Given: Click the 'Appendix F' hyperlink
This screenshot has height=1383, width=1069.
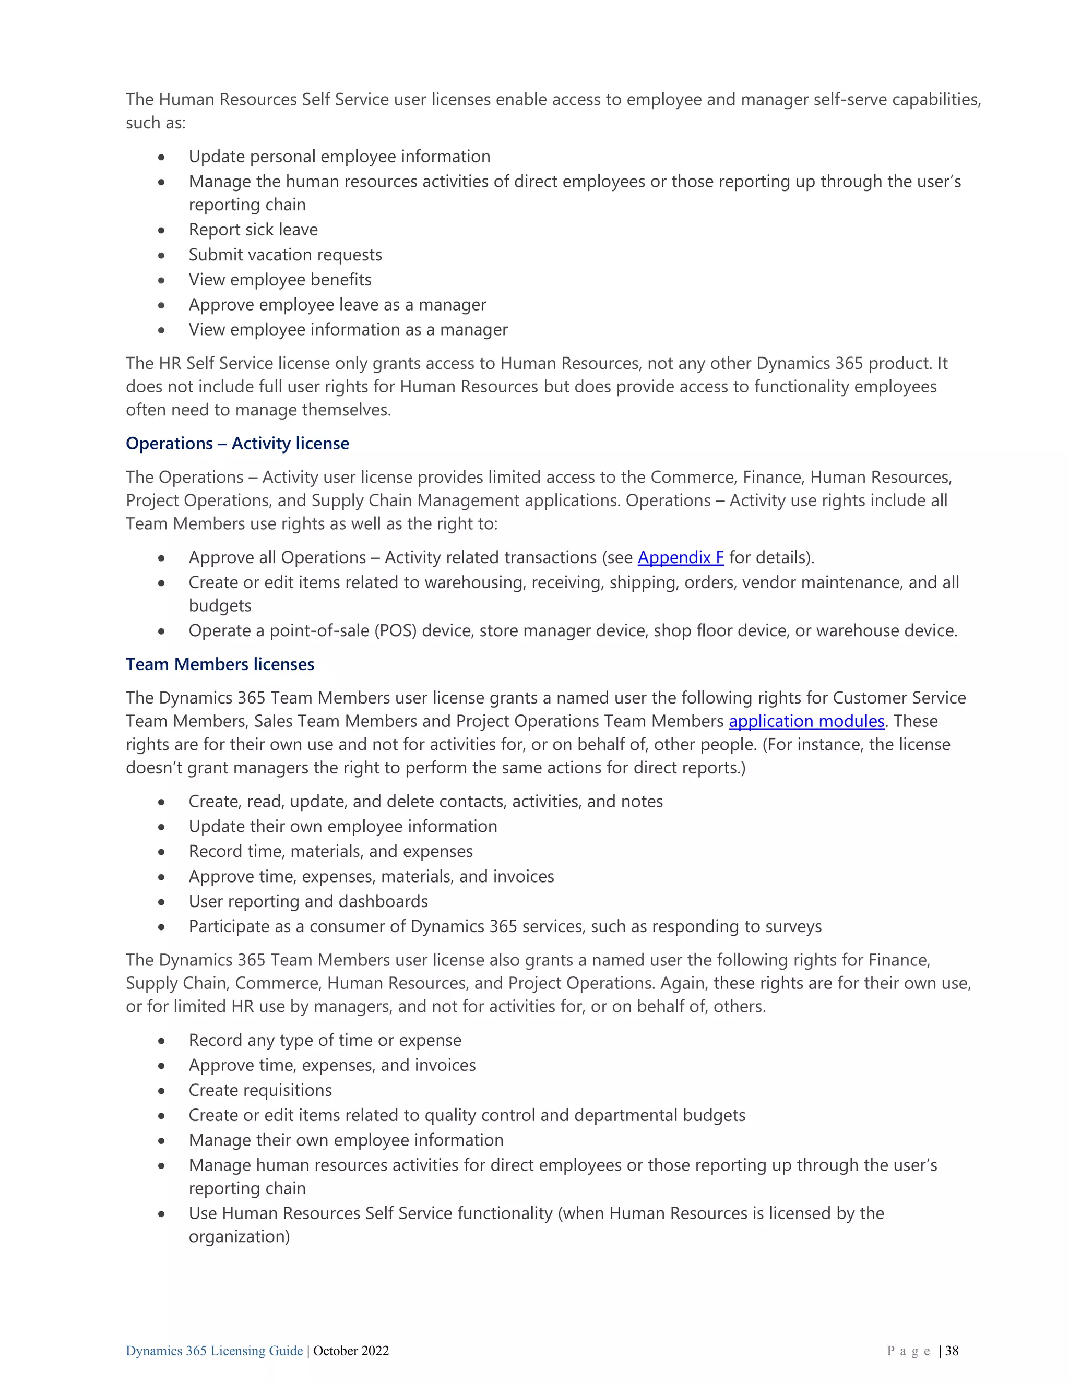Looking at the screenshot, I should click(680, 558).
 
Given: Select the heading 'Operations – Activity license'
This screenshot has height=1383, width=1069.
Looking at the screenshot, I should click(237, 443).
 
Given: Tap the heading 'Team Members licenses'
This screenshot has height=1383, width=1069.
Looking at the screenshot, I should click(220, 664).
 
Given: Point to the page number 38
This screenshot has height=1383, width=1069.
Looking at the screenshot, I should click(952, 1351).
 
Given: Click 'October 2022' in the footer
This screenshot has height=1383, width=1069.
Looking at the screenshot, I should click(351, 1351).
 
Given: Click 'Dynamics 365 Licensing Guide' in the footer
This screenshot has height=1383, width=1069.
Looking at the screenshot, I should click(214, 1351).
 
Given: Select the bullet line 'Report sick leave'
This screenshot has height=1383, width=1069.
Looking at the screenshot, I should click(253, 230).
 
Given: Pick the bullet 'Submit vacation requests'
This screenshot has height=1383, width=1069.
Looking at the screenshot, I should click(285, 255).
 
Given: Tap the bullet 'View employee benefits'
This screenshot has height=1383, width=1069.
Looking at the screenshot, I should click(280, 280).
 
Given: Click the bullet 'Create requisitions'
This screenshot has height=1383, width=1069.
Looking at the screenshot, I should click(260, 1090).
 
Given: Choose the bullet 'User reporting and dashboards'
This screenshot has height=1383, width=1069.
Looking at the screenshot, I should click(308, 902).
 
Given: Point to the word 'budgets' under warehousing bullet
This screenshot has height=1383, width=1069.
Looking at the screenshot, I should click(220, 606).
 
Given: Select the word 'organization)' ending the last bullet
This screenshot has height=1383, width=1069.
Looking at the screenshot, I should click(240, 1237).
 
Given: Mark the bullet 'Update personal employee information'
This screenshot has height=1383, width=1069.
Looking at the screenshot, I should click(339, 157).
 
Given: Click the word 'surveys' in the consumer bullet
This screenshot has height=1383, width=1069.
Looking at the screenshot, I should click(793, 926).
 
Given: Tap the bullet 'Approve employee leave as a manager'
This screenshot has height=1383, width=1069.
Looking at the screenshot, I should click(338, 305).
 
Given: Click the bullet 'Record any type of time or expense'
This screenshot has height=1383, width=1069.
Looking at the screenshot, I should click(325, 1041).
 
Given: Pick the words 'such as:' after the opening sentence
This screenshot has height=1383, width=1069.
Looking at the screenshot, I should click(156, 123).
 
